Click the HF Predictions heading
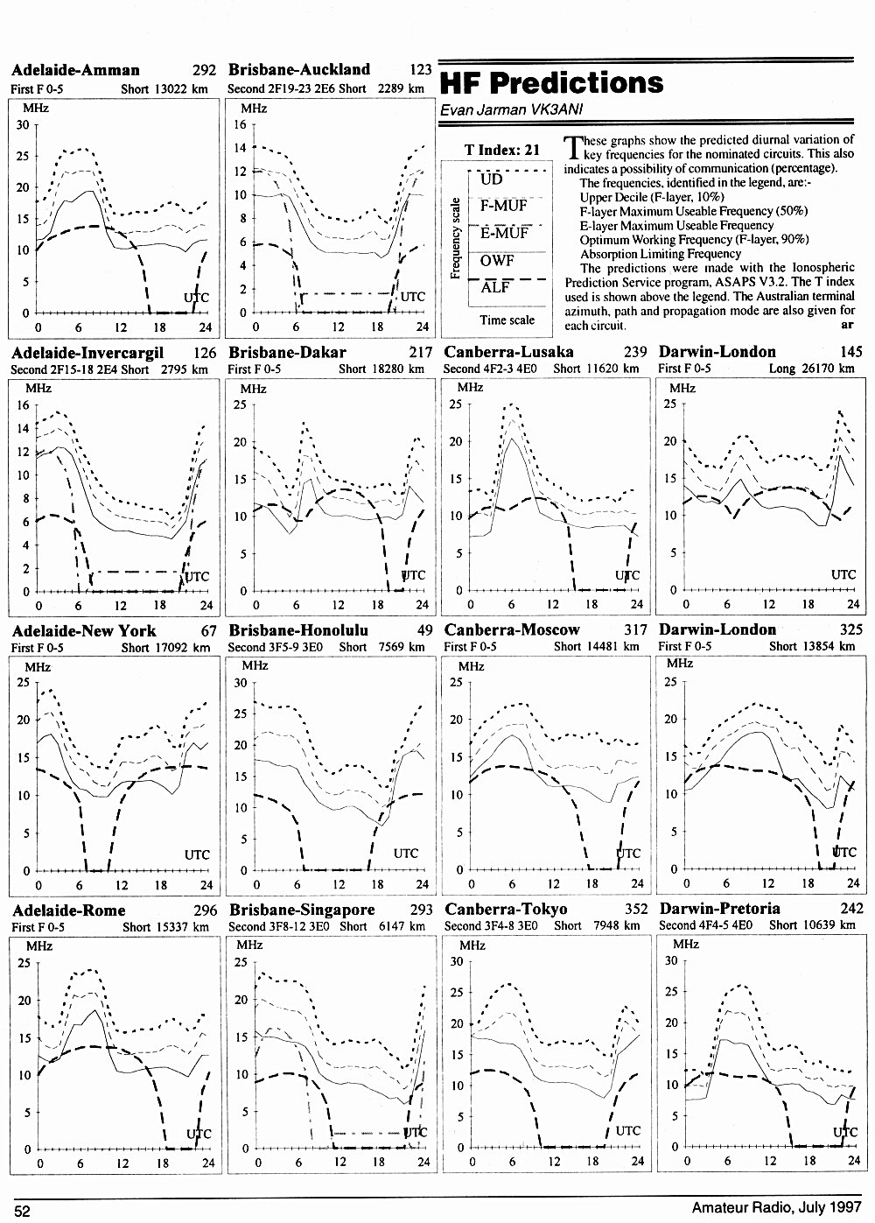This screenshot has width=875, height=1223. click(x=551, y=83)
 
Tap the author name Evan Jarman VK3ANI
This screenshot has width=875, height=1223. click(x=512, y=109)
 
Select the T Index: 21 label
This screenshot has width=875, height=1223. click(x=502, y=150)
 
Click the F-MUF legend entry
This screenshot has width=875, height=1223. click(x=503, y=206)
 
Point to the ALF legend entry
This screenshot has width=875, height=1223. click(x=495, y=287)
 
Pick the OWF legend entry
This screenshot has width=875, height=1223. click(x=497, y=260)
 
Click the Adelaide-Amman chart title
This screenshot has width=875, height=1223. click(x=75, y=70)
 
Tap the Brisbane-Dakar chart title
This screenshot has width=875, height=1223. click(x=287, y=352)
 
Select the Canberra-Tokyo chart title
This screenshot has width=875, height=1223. click(x=506, y=909)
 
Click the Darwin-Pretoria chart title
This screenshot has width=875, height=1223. click(x=720, y=909)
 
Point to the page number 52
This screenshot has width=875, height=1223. click(x=23, y=1211)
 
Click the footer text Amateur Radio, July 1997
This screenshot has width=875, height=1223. click(x=777, y=1207)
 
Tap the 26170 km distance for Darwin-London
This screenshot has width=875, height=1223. click(x=828, y=369)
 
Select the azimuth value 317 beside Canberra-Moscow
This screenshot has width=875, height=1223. click(x=635, y=630)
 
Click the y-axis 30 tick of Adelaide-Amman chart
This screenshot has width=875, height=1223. click(x=23, y=125)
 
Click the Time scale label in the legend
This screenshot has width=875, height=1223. click(x=507, y=320)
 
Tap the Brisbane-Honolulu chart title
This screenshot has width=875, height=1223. click(x=298, y=630)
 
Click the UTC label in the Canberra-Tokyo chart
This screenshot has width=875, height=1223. click(x=628, y=1130)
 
